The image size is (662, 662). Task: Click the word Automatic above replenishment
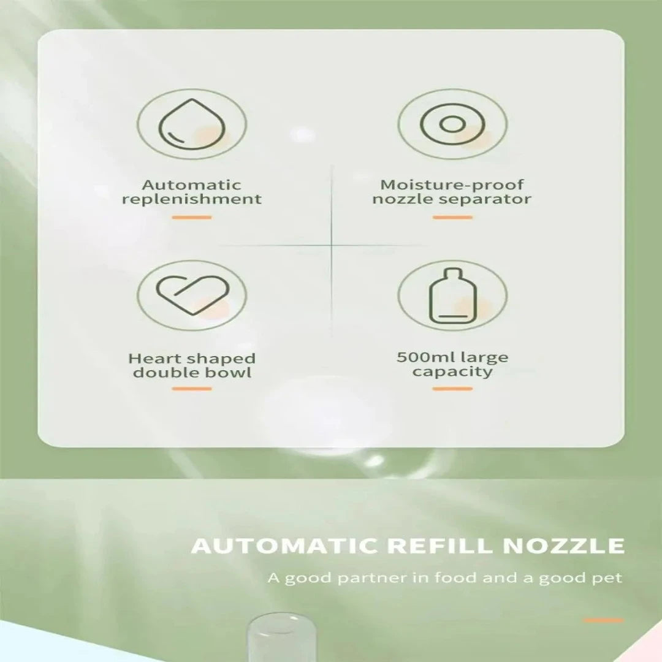[192, 185]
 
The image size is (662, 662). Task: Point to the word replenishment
[192, 199]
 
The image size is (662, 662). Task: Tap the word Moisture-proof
[452, 185]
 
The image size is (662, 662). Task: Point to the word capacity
[452, 372]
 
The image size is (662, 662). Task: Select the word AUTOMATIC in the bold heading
[284, 546]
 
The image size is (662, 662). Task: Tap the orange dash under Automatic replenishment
[192, 218]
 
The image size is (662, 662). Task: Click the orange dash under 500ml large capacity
[452, 389]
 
